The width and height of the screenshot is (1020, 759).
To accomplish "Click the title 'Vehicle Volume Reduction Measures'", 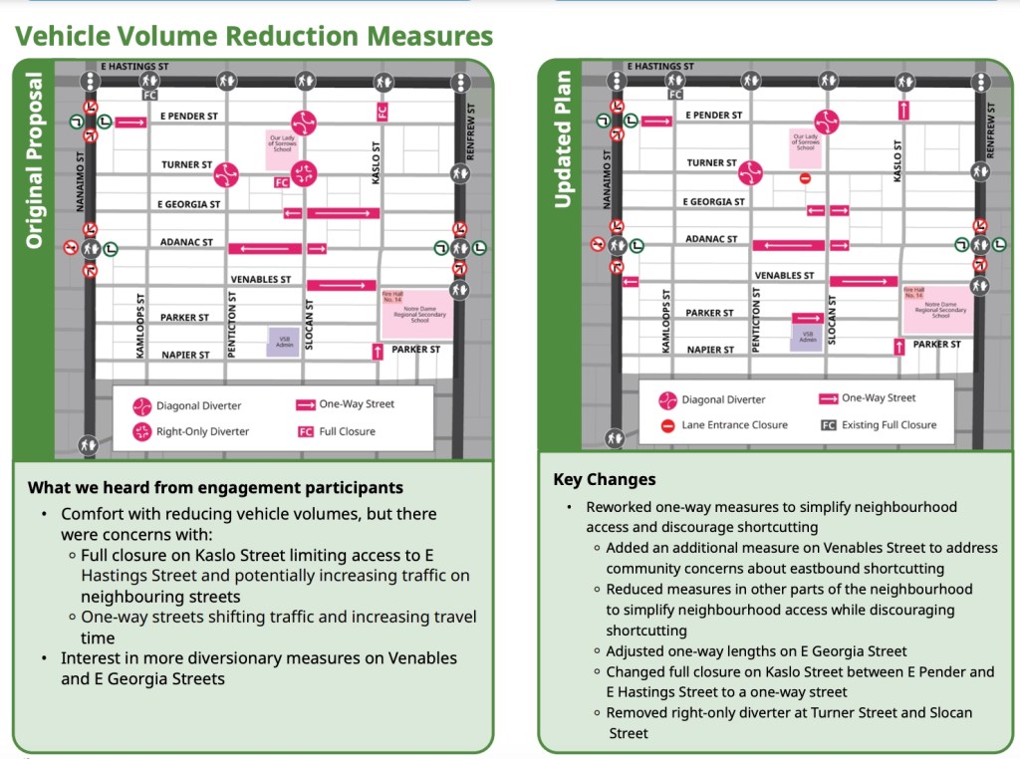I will point(254,37).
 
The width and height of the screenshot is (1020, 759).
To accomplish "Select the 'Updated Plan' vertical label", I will point(563,139).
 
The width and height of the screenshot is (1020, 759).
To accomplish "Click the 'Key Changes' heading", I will point(605,480).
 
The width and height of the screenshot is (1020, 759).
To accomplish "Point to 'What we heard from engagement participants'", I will point(215,488).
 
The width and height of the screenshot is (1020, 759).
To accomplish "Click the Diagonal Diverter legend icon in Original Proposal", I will point(142,406).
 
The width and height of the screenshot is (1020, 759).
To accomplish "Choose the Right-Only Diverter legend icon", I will point(142,432).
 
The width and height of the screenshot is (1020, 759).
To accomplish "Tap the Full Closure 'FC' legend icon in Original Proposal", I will point(306,432).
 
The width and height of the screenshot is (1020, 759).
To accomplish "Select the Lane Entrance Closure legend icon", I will point(667,425).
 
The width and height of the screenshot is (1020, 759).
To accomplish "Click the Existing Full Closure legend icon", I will point(828,425).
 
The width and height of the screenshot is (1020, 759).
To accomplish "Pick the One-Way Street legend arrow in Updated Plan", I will point(827,398).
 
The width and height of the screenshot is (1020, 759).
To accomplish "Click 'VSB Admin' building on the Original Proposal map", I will point(282,342).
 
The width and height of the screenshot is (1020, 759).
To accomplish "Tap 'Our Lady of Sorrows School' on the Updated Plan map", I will point(805,145).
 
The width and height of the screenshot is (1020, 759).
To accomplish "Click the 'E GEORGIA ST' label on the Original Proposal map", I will point(188,204).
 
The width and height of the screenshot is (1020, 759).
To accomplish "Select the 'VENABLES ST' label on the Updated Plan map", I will point(784,276).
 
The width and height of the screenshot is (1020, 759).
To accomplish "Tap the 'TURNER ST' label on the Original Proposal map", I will point(187,164).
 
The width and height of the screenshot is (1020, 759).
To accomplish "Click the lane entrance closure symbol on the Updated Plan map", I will point(805,179).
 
